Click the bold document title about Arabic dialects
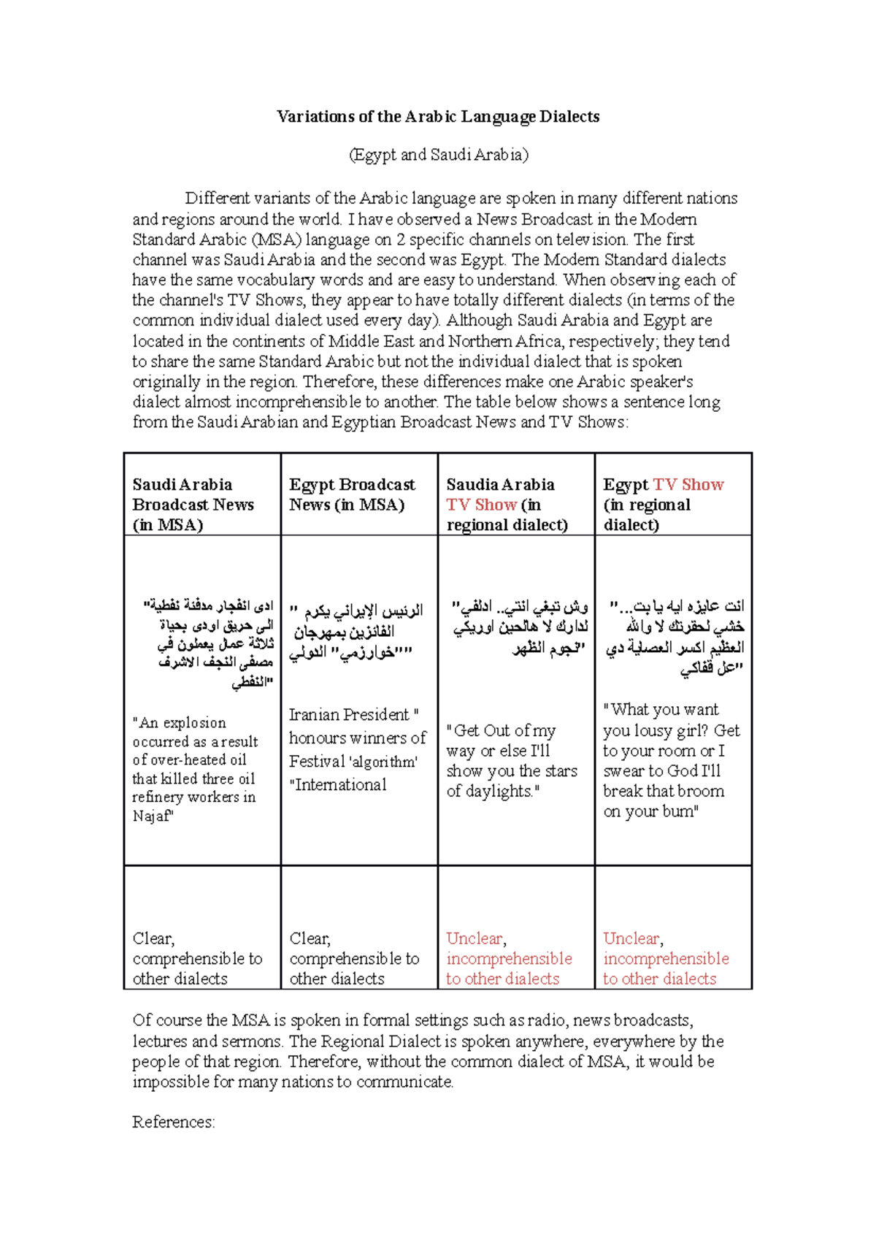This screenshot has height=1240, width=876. click(x=438, y=117)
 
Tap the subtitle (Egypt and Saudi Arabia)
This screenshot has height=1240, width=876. click(x=438, y=155)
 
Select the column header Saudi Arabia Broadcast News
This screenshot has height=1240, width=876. click(x=193, y=504)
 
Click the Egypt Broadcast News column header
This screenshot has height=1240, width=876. click(x=351, y=494)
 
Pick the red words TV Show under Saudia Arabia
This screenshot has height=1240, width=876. click(x=481, y=505)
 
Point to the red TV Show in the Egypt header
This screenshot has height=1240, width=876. click(x=688, y=485)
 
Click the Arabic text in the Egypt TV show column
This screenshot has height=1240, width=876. click(x=676, y=637)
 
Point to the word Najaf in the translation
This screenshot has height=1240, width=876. click(x=152, y=816)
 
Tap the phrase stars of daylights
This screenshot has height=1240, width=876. click(x=511, y=781)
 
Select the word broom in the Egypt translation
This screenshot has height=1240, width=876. click(x=702, y=792)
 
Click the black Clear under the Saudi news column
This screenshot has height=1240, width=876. click(x=153, y=938)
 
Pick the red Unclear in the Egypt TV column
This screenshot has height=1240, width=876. click(x=632, y=938)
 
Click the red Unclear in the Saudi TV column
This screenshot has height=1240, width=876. click(x=475, y=938)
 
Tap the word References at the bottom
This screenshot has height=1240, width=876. click(x=173, y=1122)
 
